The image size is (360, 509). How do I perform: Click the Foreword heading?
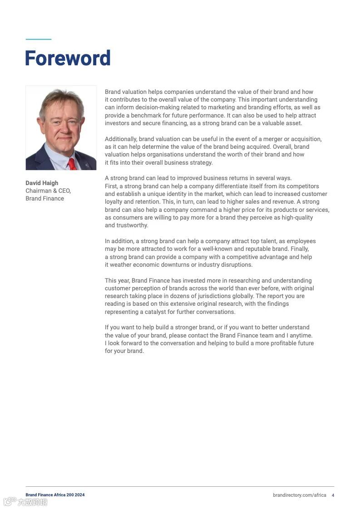pos(68,59)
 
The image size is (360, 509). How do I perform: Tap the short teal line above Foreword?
pos(38,39)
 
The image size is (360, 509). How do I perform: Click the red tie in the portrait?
pos(72,163)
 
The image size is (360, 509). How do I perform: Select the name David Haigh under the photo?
pos(42,183)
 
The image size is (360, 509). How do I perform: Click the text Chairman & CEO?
pos(48,191)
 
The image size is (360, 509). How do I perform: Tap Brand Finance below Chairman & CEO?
pos(44,198)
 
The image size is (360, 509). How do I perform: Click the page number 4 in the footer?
pos(333,495)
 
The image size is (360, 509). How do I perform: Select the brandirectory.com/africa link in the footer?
pos(300,495)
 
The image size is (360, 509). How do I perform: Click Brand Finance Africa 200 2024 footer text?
pos(55,495)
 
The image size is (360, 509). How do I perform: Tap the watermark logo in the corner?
pos(25,502)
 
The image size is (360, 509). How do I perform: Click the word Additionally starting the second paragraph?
pos(121,139)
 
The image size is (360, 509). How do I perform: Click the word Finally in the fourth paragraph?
pos(298,249)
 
